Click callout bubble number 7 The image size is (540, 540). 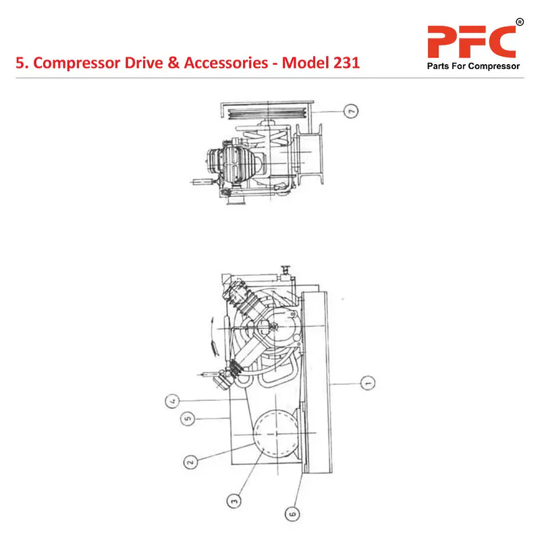coord(349,111)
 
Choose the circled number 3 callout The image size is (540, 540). coord(234,500)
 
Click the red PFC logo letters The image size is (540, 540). coord(472,42)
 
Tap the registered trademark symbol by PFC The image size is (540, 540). coord(519,23)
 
